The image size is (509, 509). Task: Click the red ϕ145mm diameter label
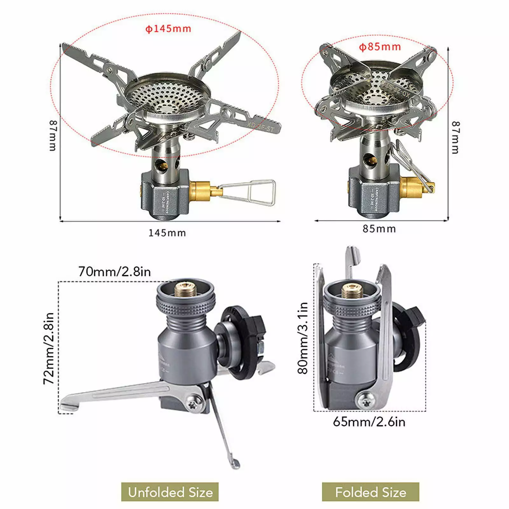[x=168, y=29]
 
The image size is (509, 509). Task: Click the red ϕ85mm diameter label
[x=380, y=47]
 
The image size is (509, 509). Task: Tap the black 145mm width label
[x=167, y=233]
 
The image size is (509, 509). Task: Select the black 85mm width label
[x=379, y=229]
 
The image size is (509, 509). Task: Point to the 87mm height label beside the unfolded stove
[x=53, y=135]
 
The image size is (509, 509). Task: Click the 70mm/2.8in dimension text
[x=115, y=272]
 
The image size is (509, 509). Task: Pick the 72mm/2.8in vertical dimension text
[x=49, y=348]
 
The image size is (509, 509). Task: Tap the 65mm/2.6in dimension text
[x=369, y=422]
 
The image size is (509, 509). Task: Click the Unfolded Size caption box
[x=170, y=492]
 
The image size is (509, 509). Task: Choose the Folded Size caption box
[x=371, y=492]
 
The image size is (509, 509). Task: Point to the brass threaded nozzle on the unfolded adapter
[x=186, y=290]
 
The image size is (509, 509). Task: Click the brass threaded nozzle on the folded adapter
[x=352, y=291]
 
